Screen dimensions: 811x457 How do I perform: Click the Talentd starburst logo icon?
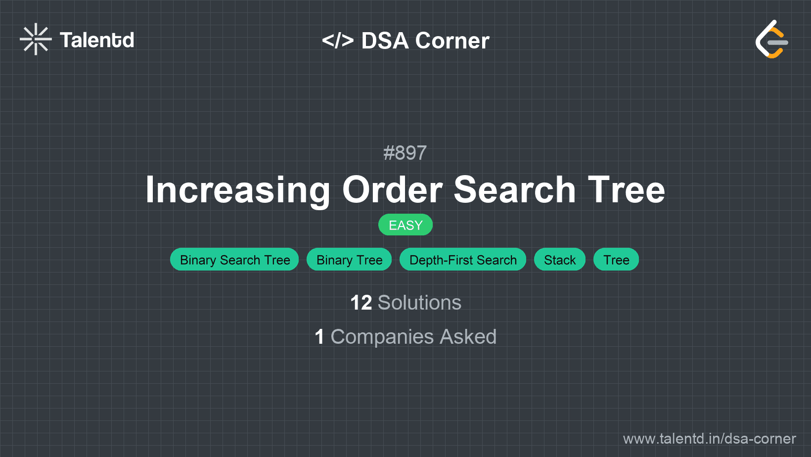tap(36, 39)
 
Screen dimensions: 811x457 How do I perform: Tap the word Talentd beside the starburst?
tap(97, 40)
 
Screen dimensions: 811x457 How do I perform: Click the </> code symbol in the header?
tap(337, 41)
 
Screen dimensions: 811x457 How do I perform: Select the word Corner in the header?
tap(452, 41)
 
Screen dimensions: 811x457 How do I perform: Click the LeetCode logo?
tap(771, 39)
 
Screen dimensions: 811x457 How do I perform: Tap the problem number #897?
tap(405, 153)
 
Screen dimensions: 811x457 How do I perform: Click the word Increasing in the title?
tap(237, 190)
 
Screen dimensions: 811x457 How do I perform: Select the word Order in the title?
tap(393, 189)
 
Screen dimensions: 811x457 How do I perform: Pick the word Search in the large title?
tap(514, 189)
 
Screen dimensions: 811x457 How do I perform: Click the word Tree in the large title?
tap(627, 189)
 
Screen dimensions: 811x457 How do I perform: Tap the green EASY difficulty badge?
tap(405, 225)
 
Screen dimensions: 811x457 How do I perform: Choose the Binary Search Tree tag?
tap(234, 259)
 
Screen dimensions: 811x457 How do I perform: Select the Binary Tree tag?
tap(349, 259)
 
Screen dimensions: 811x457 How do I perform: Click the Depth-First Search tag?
tap(463, 259)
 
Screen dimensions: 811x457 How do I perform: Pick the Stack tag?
tap(560, 259)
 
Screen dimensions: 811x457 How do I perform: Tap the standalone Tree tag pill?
tap(616, 259)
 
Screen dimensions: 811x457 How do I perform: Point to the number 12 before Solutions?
tap(361, 303)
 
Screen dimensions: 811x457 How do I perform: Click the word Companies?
tap(382, 337)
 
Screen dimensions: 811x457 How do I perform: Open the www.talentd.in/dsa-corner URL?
tap(709, 439)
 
